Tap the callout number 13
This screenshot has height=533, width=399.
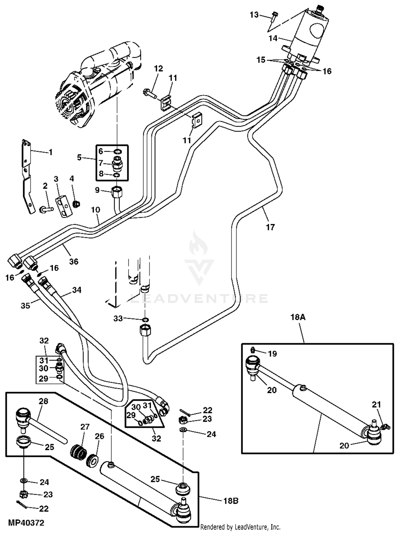tap(254, 15)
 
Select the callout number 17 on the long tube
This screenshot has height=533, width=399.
tap(270, 227)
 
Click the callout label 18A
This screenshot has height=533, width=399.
tap(298, 317)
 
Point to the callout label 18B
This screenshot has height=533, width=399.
tap(231, 501)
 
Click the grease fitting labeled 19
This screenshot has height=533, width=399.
tap(253, 350)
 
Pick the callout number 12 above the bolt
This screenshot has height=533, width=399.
tap(158, 68)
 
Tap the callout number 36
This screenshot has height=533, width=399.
tap(74, 261)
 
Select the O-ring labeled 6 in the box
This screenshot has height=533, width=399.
tap(118, 152)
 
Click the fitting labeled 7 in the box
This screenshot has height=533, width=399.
tap(117, 163)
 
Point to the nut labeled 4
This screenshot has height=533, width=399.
tap(77, 204)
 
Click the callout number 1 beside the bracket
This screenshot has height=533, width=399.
tap(51, 152)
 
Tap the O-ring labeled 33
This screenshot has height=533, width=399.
tap(145, 319)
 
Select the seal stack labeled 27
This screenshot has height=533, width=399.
tap(79, 452)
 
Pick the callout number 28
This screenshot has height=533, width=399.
tap(43, 401)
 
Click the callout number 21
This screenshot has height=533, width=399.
tap(376, 404)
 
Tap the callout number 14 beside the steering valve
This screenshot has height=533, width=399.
tap(273, 38)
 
